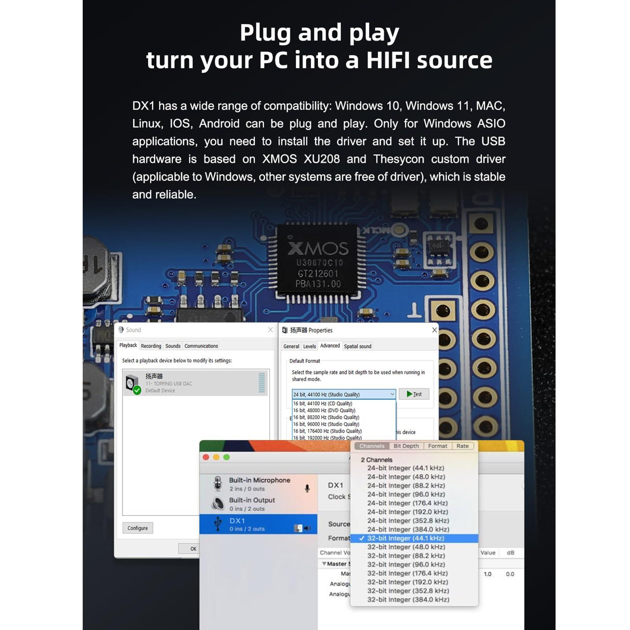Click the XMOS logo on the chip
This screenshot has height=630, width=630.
tap(318, 248)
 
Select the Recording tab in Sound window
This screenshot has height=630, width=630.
tap(151, 346)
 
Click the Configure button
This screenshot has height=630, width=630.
tap(137, 528)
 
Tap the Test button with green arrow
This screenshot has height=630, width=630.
tap(414, 394)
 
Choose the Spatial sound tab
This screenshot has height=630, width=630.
tap(358, 346)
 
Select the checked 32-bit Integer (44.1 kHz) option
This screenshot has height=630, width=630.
tap(406, 538)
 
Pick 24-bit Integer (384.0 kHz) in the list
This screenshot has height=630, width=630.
tap(408, 529)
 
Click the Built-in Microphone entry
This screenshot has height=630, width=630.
tap(259, 484)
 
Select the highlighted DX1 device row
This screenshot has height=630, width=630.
tap(258, 524)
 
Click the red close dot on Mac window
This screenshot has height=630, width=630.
tap(206, 457)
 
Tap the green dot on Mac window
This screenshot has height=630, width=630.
tap(226, 457)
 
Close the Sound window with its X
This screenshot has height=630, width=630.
tap(271, 330)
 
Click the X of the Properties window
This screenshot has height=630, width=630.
tap(434, 330)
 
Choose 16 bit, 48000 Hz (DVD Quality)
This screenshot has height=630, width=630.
tap(324, 410)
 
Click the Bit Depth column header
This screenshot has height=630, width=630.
tap(406, 446)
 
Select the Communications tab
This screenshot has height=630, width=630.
tap(201, 346)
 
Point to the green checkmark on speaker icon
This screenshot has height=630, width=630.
tap(137, 390)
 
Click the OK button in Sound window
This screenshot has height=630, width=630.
tap(193, 548)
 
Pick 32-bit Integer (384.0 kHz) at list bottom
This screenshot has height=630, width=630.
tap(408, 600)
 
